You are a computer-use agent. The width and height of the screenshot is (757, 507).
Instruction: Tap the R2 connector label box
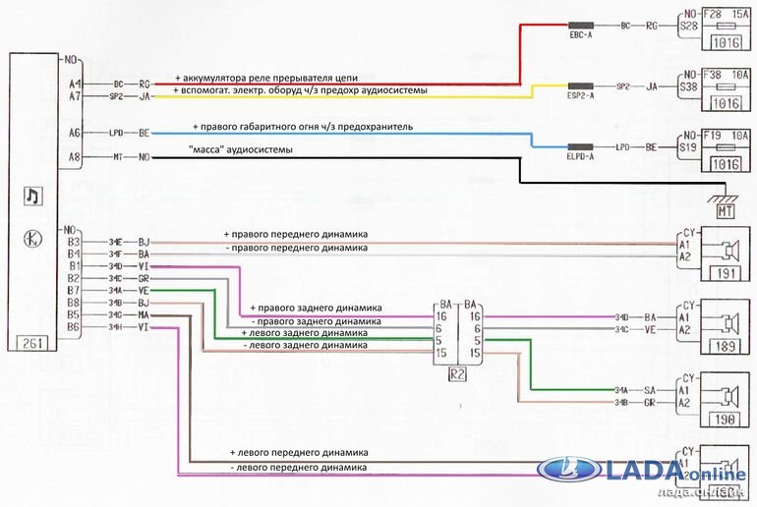click(x=458, y=373)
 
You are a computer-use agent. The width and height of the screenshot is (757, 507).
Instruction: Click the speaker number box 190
click(x=727, y=421)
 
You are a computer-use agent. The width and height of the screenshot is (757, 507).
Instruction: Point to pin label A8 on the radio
click(x=75, y=157)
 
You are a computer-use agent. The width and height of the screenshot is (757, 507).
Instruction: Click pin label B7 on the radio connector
click(x=74, y=290)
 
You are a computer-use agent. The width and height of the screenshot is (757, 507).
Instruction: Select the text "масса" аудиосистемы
click(x=236, y=149)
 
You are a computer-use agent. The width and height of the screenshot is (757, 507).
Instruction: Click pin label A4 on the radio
click(x=75, y=84)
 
